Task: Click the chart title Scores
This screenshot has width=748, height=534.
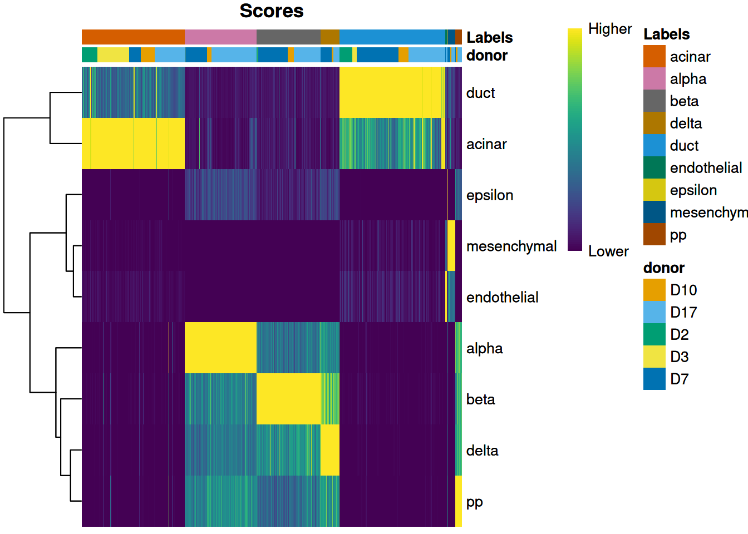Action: tap(272, 11)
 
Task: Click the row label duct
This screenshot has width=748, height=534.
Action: tap(480, 93)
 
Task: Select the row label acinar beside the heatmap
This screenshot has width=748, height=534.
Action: tap(486, 144)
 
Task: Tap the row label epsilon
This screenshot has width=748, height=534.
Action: tap(490, 195)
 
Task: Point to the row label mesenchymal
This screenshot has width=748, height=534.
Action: tap(511, 246)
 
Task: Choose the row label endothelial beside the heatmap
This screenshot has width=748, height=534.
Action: tap(502, 298)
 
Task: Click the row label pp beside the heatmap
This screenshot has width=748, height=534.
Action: tap(474, 502)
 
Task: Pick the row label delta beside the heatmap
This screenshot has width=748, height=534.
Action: tap(482, 451)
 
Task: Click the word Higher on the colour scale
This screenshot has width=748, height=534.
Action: tap(610, 29)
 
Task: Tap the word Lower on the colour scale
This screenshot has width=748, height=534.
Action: tap(608, 251)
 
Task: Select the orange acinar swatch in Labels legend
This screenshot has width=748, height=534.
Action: tap(654, 57)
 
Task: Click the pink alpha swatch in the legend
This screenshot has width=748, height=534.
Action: tap(654, 79)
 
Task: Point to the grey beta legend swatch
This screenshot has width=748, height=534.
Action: tap(654, 101)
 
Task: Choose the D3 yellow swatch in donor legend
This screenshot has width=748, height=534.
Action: tap(654, 357)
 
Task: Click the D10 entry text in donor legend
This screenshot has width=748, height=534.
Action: tap(683, 290)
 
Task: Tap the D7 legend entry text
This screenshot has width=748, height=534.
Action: tap(680, 379)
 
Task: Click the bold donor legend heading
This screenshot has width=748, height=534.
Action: tap(663, 268)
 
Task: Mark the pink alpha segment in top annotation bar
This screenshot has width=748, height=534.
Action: tap(220, 37)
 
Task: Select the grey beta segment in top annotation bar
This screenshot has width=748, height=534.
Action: tap(288, 37)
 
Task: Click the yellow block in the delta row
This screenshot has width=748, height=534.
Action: tap(330, 451)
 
